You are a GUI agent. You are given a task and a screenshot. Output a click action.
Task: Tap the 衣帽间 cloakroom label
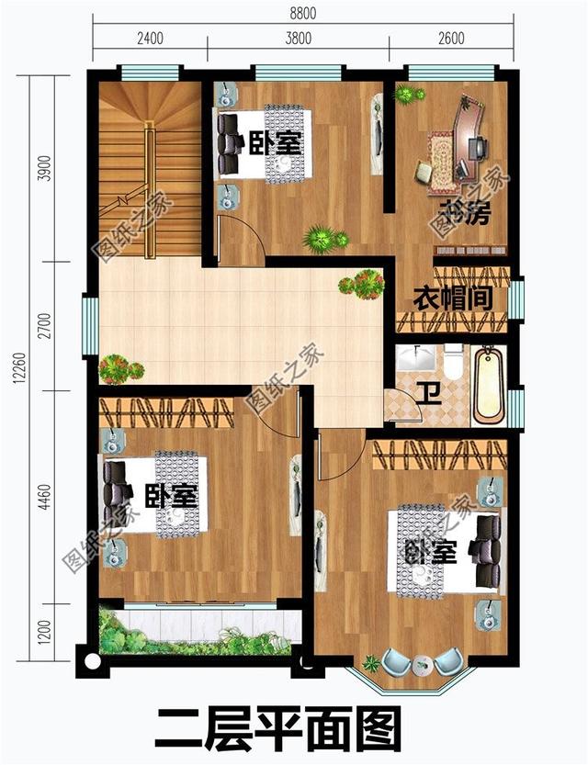(x=452, y=299)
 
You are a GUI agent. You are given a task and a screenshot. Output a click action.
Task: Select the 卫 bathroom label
(x=429, y=391)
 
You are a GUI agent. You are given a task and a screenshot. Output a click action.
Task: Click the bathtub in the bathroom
(x=490, y=385)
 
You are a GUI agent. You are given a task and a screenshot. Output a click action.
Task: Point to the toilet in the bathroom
(x=453, y=362)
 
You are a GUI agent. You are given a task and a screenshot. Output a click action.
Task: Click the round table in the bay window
(x=423, y=662)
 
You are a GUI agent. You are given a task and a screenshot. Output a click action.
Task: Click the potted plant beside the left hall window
(x=119, y=369)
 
